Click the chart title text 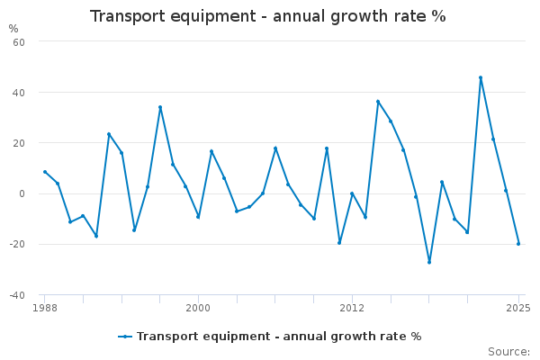[x=267, y=16]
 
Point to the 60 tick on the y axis [x=18, y=42]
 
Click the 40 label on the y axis [x=18, y=93]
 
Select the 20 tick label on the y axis [x=18, y=143]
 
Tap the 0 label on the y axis [x=22, y=193]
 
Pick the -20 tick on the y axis [x=16, y=244]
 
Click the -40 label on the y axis [x=16, y=294]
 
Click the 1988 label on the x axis [x=44, y=308]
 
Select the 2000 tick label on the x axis [x=198, y=308]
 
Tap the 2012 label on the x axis [x=352, y=308]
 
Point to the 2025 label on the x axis [x=517, y=308]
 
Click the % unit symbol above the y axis [x=13, y=29]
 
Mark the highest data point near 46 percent [x=481, y=77]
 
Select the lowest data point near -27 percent [x=429, y=262]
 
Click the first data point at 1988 [x=44, y=172]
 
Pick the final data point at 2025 [x=518, y=244]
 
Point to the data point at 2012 [x=352, y=193]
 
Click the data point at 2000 [x=198, y=217]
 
